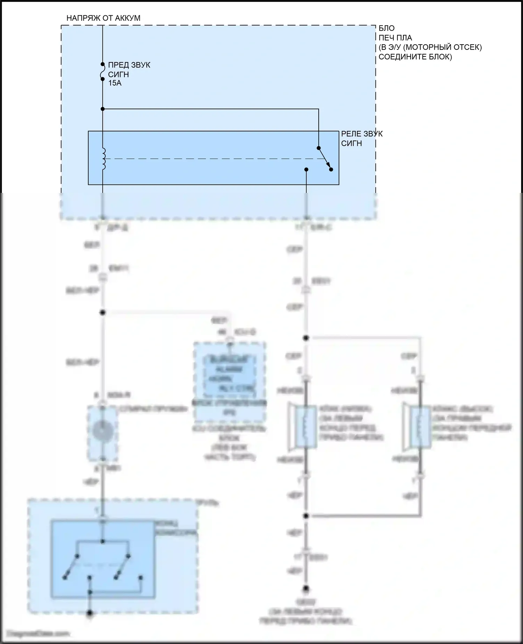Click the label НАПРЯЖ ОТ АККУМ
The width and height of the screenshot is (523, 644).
(103, 18)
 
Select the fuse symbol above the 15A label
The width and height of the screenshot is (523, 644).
(103, 72)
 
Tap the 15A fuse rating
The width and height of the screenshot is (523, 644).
(115, 83)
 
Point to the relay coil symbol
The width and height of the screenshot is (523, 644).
(103, 159)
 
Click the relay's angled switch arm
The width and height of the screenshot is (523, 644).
(324, 158)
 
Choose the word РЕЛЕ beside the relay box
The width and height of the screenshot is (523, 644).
(351, 134)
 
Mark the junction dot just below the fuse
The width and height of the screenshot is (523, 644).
(103, 109)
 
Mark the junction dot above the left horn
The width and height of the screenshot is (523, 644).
(306, 338)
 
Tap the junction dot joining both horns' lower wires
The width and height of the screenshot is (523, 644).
(306, 516)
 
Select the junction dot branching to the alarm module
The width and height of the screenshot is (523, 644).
(103, 312)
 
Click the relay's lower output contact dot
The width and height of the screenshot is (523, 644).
(306, 170)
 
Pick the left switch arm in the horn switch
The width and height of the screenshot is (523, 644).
(71, 567)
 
